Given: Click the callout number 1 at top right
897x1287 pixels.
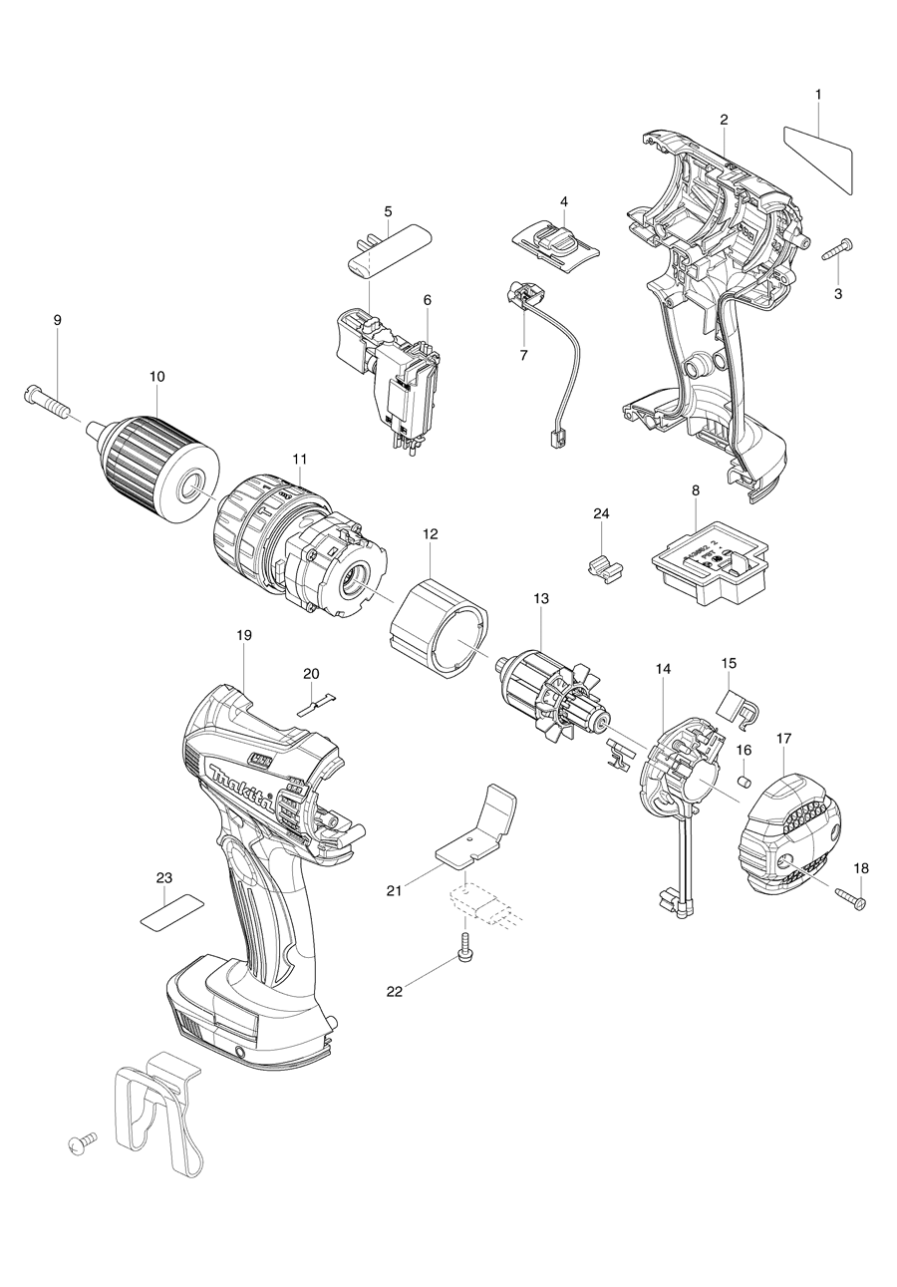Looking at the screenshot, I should pos(817,94).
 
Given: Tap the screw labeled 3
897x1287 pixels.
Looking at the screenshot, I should pos(834,250).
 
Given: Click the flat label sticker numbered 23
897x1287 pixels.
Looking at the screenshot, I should pos(169,911).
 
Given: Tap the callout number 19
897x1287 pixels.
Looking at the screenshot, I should pos(244,634).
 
